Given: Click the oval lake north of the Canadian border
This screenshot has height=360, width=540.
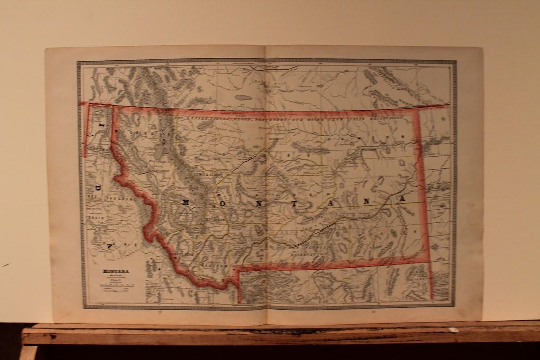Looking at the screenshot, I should [243, 97].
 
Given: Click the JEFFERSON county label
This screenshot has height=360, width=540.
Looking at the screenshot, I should [214, 220].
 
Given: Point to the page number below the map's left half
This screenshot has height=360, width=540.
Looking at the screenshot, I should [161, 311].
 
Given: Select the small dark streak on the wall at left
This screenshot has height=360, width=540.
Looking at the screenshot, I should [5, 265].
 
